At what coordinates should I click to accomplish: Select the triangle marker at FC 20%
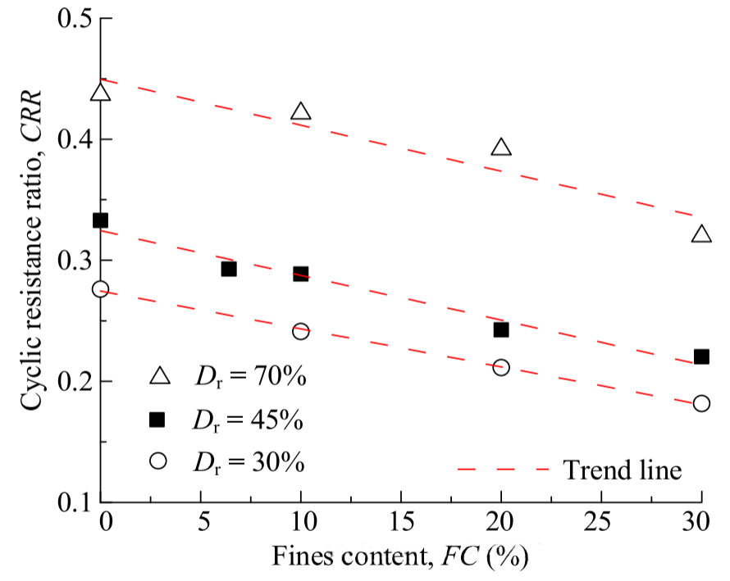[x=501, y=148]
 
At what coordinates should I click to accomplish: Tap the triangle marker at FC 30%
[x=701, y=235]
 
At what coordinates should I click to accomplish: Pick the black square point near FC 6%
[x=229, y=269]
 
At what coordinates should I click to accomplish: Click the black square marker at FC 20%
[x=501, y=329]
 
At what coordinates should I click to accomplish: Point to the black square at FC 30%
[x=701, y=356]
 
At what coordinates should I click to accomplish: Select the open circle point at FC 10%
[x=301, y=331]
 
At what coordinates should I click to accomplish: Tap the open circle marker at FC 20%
[x=501, y=367]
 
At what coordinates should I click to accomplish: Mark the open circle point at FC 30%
[x=701, y=403]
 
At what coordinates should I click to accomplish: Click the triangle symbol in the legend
[x=159, y=377]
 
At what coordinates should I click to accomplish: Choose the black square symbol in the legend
[x=158, y=420]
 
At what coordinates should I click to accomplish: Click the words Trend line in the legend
[x=623, y=470]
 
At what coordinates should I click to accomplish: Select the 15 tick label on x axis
[x=401, y=522]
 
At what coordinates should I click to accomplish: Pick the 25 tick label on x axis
[x=601, y=522]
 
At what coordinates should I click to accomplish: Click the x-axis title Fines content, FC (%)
[x=401, y=557]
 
